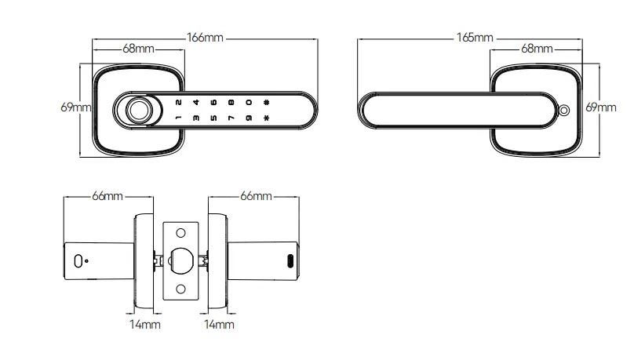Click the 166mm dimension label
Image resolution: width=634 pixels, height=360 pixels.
[205, 38]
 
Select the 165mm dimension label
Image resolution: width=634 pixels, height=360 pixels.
[475, 38]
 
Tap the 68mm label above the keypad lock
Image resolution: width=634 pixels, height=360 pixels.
[138, 49]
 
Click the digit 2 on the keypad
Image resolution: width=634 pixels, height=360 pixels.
[178, 102]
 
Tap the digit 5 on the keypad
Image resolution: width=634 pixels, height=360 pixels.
[213, 119]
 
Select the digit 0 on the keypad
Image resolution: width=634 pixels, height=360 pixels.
[248, 102]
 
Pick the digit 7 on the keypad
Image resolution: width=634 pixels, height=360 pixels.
[231, 119]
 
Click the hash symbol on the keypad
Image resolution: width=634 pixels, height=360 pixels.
[267, 102]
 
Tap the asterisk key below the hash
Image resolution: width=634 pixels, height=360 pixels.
[267, 119]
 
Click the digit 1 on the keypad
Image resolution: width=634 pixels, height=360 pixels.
[178, 119]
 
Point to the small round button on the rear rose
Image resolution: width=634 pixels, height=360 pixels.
[563, 111]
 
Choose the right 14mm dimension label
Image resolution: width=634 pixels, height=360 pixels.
[220, 323]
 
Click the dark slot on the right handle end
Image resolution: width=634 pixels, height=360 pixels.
[290, 262]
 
